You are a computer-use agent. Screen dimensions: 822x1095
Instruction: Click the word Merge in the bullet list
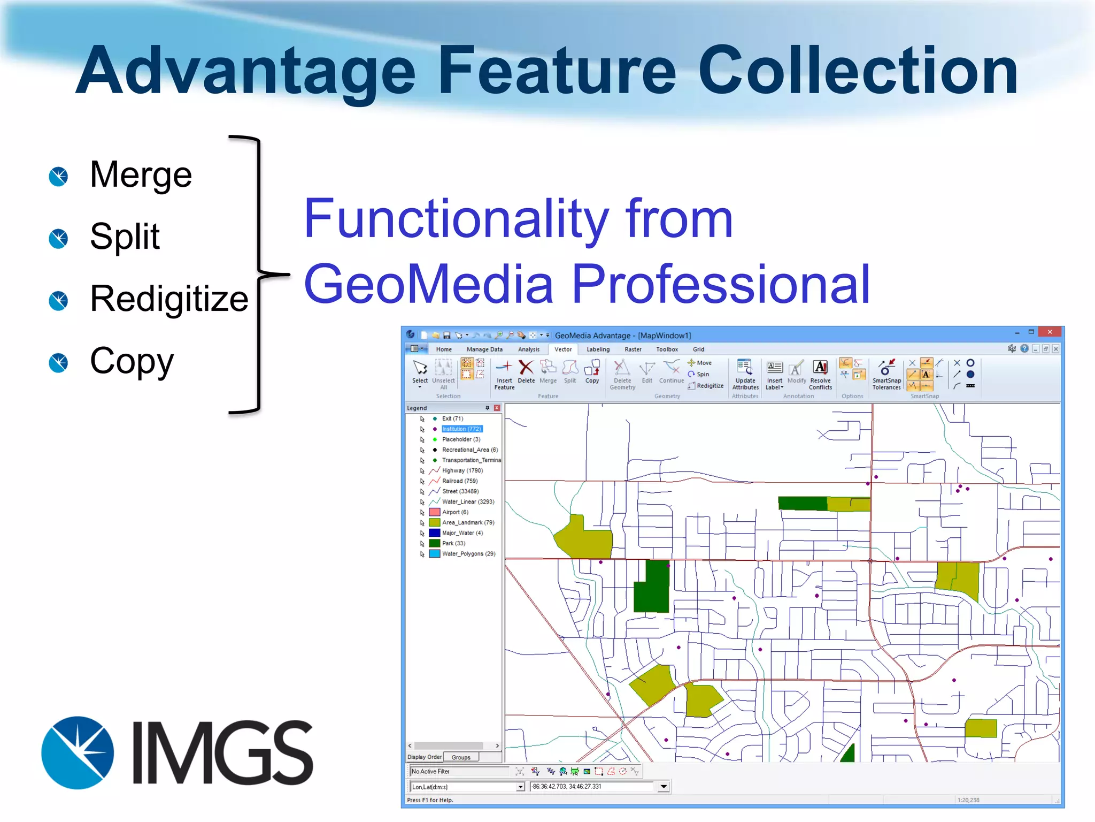141,175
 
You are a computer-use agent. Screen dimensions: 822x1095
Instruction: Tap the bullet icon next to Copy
58,362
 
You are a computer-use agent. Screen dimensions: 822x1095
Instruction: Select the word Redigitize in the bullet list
169,299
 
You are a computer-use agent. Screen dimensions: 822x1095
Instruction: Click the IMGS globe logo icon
78,752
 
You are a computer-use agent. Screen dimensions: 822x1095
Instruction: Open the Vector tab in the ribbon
563,349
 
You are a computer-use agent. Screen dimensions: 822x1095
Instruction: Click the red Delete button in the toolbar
526,371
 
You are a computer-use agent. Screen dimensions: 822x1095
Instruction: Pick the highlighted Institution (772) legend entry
462,429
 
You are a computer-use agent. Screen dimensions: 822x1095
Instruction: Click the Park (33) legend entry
453,543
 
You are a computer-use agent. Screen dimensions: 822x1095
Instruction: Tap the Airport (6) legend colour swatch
435,512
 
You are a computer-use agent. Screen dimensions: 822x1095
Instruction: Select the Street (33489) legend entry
460,491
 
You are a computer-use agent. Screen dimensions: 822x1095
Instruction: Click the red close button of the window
1050,332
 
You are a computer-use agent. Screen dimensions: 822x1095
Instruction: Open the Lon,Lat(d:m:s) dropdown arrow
520,787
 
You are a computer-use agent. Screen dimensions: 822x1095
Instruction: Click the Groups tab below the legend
461,757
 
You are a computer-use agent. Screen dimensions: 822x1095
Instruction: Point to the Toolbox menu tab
667,349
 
